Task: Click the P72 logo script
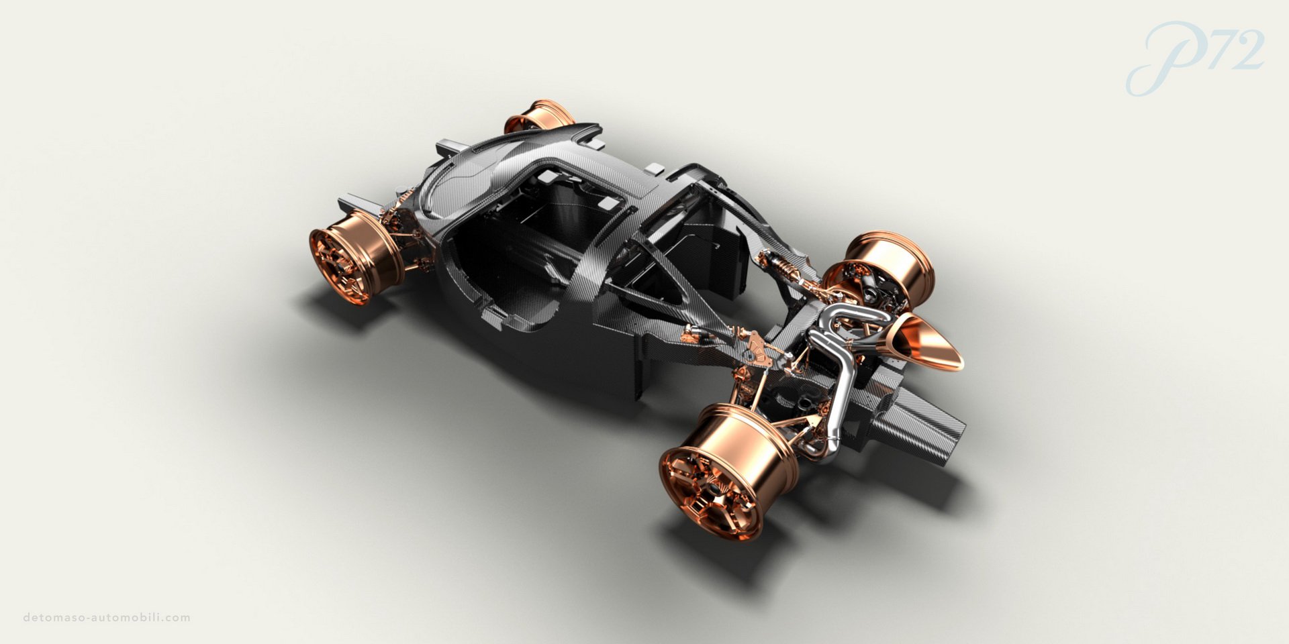pos(1195,57)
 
